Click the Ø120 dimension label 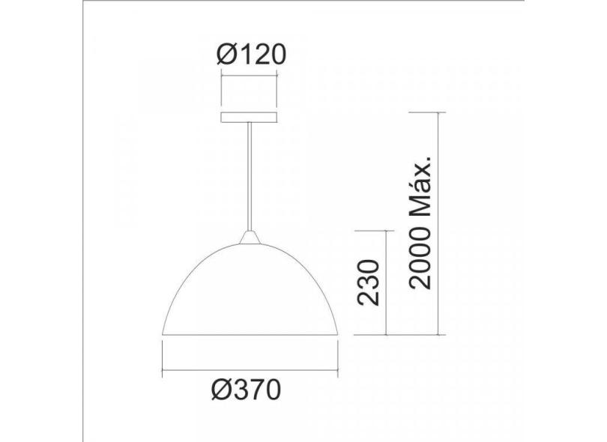coord(250,54)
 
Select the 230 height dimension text coord(369,283)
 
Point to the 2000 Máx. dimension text coord(424,222)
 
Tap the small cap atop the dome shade coord(250,238)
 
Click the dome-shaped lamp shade coord(250,292)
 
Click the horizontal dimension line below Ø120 coord(250,73)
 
